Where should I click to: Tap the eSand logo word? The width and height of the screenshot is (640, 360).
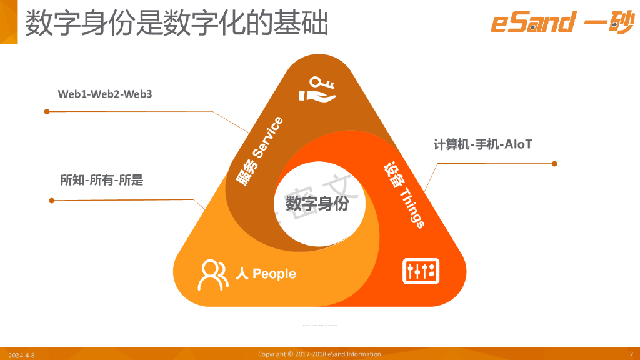pyautogui.click(x=532, y=23)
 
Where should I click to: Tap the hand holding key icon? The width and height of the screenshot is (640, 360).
pyautogui.click(x=317, y=89)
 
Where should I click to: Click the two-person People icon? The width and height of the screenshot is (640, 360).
pyautogui.click(x=212, y=274)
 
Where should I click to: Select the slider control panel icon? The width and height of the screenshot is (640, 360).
pyautogui.click(x=421, y=271)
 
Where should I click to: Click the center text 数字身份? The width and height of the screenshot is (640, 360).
pyautogui.click(x=317, y=204)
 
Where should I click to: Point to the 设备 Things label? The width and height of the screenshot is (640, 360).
pyautogui.click(x=404, y=196)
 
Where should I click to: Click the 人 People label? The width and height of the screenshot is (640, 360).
pyautogui.click(x=266, y=274)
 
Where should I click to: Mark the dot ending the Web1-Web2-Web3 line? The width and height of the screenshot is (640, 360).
pyautogui.click(x=46, y=112)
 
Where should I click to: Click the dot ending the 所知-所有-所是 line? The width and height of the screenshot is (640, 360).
pyautogui.click(x=51, y=201)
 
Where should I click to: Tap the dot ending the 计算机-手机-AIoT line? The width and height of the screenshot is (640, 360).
pyautogui.click(x=554, y=164)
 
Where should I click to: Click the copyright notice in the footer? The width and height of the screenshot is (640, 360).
pyautogui.click(x=319, y=354)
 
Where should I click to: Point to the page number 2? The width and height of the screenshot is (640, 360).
pyautogui.click(x=631, y=354)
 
